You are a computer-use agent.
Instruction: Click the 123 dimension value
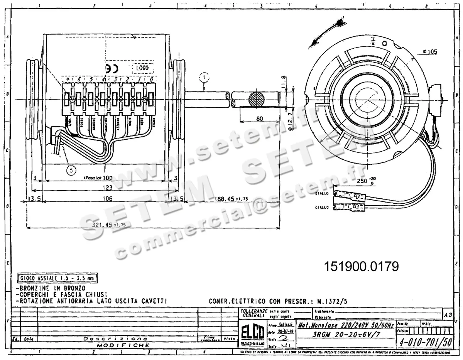[107, 188]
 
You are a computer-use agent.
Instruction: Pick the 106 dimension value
[107, 199]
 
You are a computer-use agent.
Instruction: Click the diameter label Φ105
[429, 51]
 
